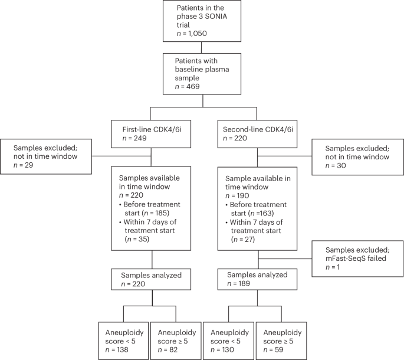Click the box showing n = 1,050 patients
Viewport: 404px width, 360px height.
pos(202,21)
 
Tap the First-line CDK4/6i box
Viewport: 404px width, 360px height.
pos(152,133)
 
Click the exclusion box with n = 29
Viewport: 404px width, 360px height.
pos(46,156)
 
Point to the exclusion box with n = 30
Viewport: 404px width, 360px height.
pos(358,156)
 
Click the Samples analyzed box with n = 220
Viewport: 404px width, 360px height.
pos(152,279)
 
